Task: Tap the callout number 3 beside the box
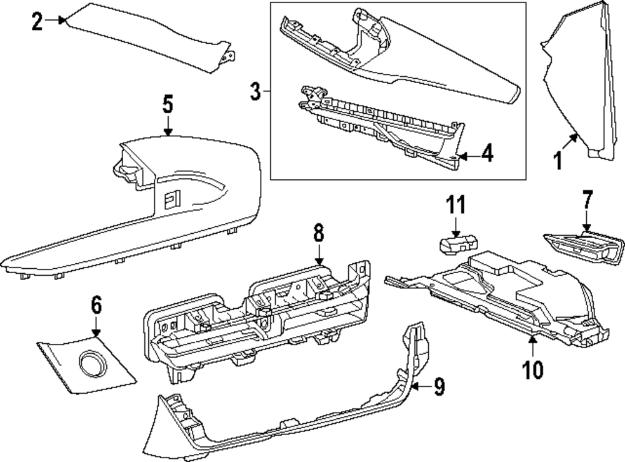click(x=255, y=92)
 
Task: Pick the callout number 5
click(x=167, y=104)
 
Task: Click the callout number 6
click(x=96, y=306)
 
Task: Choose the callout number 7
click(x=586, y=201)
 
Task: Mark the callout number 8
click(x=318, y=234)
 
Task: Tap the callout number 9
click(x=439, y=387)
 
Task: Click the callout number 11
click(x=456, y=204)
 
